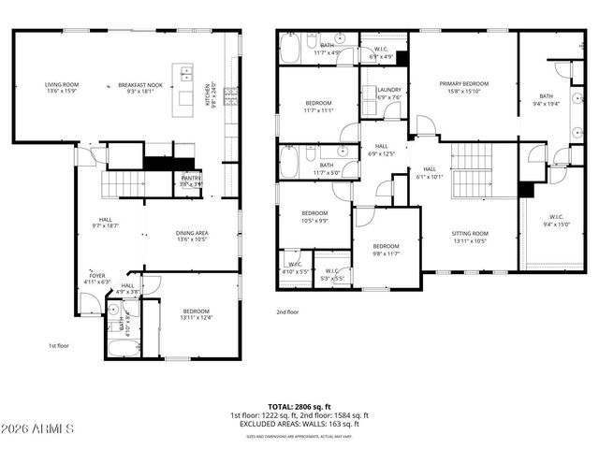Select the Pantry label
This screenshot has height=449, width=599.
pyautogui.click(x=191, y=181)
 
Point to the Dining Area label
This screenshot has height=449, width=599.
pyautogui.click(x=191, y=236)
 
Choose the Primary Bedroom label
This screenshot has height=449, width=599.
pyautogui.click(x=464, y=87)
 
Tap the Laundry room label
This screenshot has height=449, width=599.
pyautogui.click(x=388, y=94)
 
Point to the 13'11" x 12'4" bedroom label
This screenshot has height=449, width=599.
pyautogui.click(x=196, y=314)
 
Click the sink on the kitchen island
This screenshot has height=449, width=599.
pyautogui.click(x=185, y=72)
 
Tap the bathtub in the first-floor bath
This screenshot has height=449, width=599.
pyautogui.click(x=122, y=349)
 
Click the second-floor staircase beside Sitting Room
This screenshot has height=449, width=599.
pyautogui.click(x=471, y=170)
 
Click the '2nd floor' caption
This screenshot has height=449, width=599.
pyautogui.click(x=287, y=311)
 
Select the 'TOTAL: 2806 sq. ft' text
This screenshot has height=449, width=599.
pyautogui.click(x=299, y=406)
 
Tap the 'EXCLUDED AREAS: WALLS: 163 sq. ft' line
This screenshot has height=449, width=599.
pyautogui.click(x=299, y=424)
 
